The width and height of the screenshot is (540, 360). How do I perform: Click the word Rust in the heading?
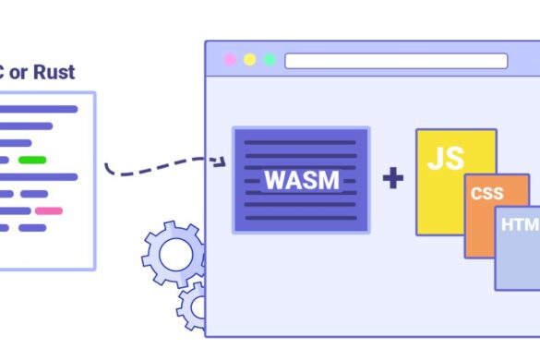(54, 72)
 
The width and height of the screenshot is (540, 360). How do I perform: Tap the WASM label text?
(301, 179)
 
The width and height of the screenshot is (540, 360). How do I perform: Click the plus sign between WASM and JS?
(393, 178)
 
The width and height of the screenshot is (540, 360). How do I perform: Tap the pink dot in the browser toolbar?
(229, 60)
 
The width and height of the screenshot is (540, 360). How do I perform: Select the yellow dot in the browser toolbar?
(249, 60)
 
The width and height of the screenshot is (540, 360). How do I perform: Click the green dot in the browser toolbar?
(270, 60)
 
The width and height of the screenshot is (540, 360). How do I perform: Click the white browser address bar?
(396, 61)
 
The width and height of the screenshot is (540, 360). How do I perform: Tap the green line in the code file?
(32, 160)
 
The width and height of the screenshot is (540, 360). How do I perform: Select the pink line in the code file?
(49, 210)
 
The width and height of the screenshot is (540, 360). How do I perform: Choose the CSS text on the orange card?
(486, 194)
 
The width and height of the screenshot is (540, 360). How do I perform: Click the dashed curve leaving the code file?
(148, 172)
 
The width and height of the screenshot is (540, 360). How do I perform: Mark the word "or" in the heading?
(18, 72)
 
